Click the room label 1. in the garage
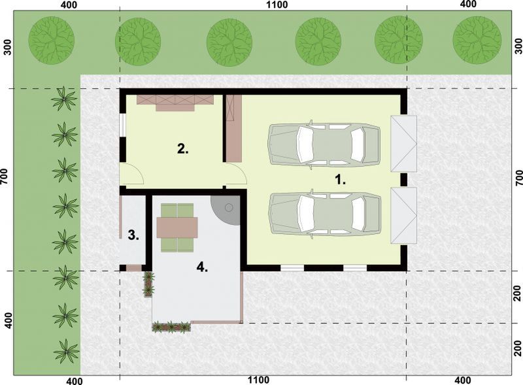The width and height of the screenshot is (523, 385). coord(340,178)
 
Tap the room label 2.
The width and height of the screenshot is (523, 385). coord(183,149)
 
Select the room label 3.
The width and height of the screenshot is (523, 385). coord(133,235)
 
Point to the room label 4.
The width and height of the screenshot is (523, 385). coord(203,267)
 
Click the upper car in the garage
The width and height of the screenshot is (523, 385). coord(324,143)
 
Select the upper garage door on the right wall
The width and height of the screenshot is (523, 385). coord(403,144)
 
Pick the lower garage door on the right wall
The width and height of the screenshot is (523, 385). coord(403,214)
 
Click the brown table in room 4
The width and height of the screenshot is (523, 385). coord(177,227)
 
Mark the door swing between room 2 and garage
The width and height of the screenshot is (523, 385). coord(237,175)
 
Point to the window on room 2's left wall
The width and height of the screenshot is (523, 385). coord(122,126)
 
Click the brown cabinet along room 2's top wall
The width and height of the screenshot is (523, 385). coord(175,101)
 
